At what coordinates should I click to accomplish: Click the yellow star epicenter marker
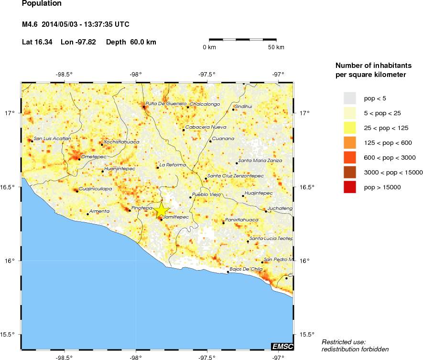162,210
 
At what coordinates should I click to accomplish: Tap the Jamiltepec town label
176,217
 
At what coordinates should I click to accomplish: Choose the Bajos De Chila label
246,269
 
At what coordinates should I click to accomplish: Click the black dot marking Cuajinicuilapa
77,191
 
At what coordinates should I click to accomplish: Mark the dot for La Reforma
158,168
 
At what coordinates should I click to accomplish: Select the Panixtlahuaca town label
241,220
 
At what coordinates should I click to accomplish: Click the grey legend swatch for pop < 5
350,98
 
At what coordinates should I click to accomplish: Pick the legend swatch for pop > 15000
350,187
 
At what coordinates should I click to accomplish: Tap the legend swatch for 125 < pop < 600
350,142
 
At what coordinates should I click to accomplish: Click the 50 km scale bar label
276,47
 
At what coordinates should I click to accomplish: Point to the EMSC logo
282,346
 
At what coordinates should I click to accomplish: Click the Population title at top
42,4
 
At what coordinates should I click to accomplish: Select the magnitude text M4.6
31,24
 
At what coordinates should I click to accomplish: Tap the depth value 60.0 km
143,42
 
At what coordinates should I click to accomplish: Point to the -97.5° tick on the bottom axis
207,357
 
